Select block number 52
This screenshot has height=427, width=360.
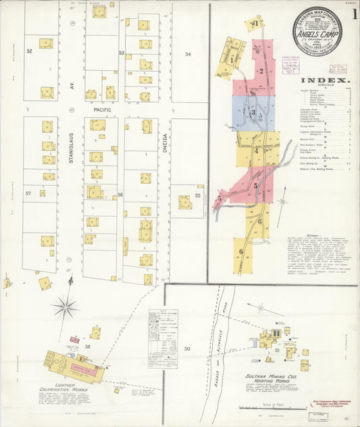click(29, 51)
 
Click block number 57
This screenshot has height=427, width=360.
click(29, 193)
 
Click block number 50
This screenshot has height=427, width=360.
click(187, 348)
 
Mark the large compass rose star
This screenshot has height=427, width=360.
click(66, 308)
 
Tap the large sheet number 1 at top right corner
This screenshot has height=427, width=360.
click(353, 18)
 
